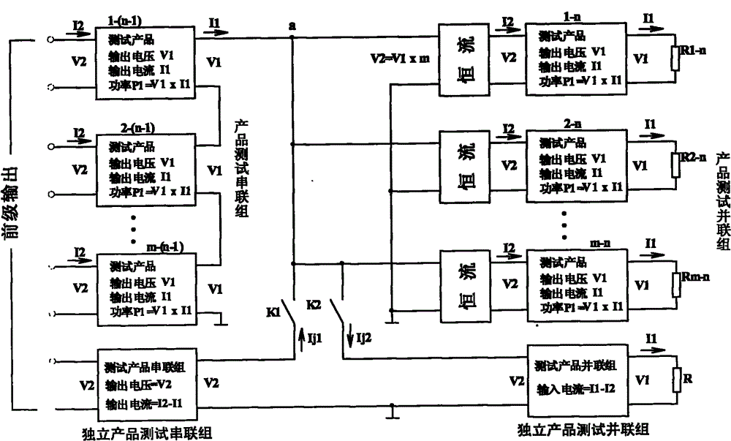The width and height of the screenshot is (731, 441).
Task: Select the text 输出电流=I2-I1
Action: [148, 402]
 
